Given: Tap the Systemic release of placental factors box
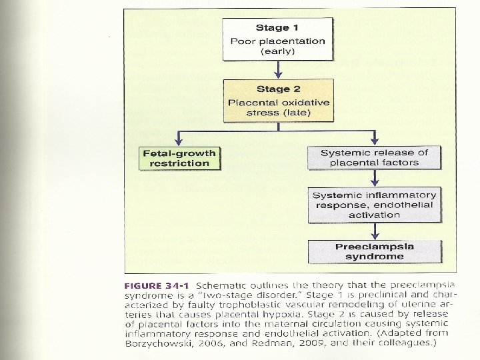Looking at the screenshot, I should (x=374, y=157).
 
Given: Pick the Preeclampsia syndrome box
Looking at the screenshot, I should (x=374, y=251).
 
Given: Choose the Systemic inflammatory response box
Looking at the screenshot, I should (x=374, y=205).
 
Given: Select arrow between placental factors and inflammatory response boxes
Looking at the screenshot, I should (x=375, y=179).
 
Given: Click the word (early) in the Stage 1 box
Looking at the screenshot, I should (x=278, y=52).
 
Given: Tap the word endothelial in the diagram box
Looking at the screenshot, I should (x=402, y=205).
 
